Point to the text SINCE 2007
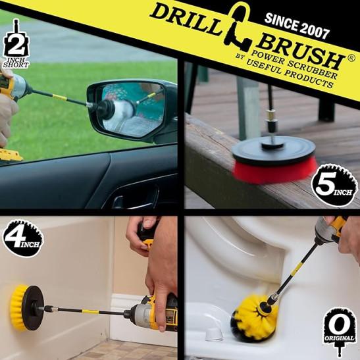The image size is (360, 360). pos(297,26)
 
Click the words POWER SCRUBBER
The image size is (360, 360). pos(294,64)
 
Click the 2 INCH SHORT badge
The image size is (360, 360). pos(16,44)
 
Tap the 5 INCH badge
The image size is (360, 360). pos(334,186)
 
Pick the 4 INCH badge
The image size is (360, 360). pos(22,238)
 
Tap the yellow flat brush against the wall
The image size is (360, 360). pos(18,307)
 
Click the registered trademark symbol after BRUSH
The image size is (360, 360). pos(351,58)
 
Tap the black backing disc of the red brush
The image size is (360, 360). pos(273,148)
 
